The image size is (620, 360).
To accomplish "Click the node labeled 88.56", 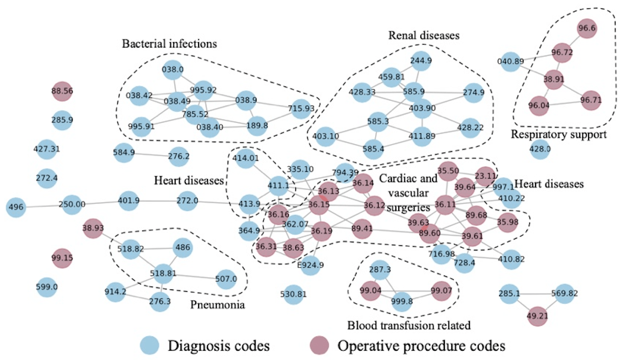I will [x=62, y=91].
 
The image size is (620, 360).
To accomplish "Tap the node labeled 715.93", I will [x=302, y=108].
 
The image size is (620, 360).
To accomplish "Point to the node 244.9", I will [x=420, y=61].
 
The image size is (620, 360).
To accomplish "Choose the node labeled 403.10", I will [x=326, y=136].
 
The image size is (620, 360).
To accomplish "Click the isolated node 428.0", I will [x=540, y=149].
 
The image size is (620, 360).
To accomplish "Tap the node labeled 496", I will [x=16, y=207].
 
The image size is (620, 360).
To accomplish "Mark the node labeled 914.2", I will [x=116, y=291].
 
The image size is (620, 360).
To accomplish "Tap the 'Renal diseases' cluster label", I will [x=424, y=35].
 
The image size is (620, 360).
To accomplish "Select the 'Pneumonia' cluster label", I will [x=217, y=306].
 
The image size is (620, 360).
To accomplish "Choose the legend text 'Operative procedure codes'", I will [x=421, y=346].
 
